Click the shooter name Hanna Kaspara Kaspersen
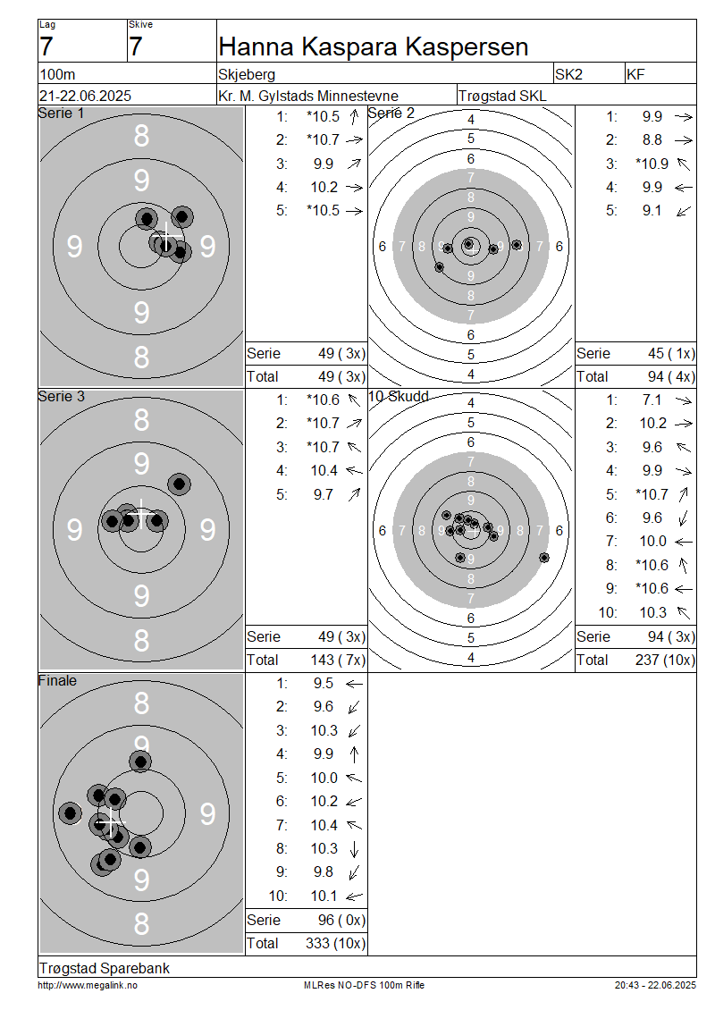click(373, 47)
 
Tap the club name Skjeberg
click(247, 75)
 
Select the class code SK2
click(568, 75)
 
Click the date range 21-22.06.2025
click(85, 96)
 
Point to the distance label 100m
click(57, 75)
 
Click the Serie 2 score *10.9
click(652, 164)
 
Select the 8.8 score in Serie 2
click(652, 139)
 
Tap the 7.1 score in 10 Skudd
click(652, 400)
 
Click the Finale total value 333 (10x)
click(335, 944)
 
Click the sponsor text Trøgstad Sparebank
click(105, 968)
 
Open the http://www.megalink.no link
click(88, 986)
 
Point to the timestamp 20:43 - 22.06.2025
click(655, 986)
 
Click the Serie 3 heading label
click(61, 397)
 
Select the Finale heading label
click(57, 681)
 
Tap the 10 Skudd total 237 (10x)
click(665, 661)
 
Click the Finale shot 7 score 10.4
click(324, 825)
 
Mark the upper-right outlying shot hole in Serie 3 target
click(179, 484)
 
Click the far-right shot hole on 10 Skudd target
click(544, 557)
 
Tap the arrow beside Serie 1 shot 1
click(354, 116)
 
